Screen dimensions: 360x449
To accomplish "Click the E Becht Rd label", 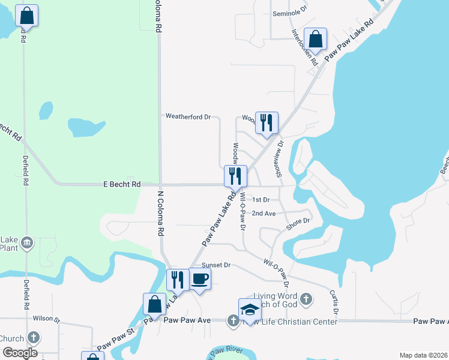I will pos(121,185).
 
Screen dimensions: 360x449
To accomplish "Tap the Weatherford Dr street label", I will pos(188,116).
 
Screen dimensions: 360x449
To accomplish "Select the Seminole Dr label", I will pos(289,12).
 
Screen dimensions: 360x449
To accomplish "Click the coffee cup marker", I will pos(200,280).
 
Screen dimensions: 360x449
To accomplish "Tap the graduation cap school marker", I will pos(250,309).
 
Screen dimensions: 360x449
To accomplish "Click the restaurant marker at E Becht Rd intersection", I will pos(235,176).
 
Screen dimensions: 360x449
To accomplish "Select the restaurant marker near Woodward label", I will pos(267,123).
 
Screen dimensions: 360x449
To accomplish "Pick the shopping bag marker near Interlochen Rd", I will pos(315,40).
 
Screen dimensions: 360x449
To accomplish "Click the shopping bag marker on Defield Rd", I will pos(26,16).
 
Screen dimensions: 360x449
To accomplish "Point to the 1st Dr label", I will pos(261,199).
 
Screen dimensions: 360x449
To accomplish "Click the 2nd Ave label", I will pos(264,213).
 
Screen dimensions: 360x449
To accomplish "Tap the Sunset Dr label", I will pos(216,265).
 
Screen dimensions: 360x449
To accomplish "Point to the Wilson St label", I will pos(47,319).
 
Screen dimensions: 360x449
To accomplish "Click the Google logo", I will pos(20,353).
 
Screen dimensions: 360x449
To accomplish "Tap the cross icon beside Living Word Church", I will pos(306,298).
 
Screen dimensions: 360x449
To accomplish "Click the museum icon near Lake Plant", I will pos(27,243).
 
